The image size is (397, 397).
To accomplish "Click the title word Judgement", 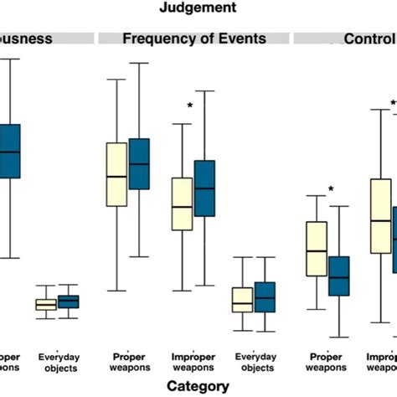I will pyautogui.click(x=199, y=8).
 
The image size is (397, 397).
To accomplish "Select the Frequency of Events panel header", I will pyautogui.click(x=194, y=39).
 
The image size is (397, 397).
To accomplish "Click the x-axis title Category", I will pyautogui.click(x=198, y=386).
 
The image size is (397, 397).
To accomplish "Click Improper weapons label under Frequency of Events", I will pyautogui.click(x=193, y=362).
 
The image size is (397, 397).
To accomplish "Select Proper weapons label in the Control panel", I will pyautogui.click(x=326, y=362).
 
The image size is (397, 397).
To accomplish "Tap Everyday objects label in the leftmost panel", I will pyautogui.click(x=59, y=362).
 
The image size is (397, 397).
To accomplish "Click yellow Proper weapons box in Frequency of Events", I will pyautogui.click(x=116, y=174).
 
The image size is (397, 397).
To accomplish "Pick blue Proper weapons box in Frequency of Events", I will pyautogui.click(x=138, y=164).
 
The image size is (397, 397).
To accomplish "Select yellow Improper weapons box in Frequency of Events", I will pyautogui.click(x=182, y=204).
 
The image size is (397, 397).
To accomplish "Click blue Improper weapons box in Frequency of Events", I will pyautogui.click(x=204, y=188).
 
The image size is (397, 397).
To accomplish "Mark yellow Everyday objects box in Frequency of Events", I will pyautogui.click(x=242, y=299).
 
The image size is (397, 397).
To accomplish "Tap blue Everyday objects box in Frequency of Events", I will pyautogui.click(x=265, y=296).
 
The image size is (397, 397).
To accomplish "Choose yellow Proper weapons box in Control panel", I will pyautogui.click(x=316, y=248).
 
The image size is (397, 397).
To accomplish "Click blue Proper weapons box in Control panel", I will pyautogui.click(x=338, y=276).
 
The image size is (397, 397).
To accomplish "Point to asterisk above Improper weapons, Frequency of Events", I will pyautogui.click(x=190, y=106).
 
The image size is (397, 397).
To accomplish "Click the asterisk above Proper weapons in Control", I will pyautogui.click(x=331, y=189).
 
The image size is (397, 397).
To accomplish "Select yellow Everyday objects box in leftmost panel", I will pyautogui.click(x=46, y=305).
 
